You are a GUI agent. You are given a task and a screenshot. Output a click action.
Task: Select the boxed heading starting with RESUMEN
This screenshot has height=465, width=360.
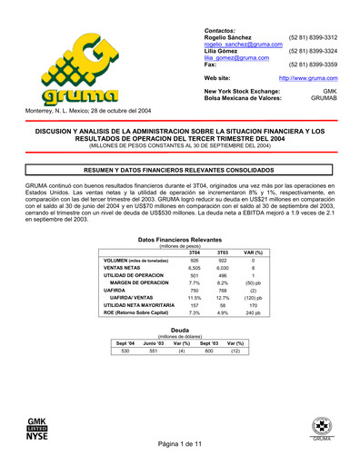(180, 169)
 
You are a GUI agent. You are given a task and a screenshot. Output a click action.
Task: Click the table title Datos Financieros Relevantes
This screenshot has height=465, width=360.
(179, 239)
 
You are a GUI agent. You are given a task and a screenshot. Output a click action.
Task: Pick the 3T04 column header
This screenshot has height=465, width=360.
(194, 252)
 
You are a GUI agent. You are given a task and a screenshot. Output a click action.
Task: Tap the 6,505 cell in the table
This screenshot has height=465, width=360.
(194, 268)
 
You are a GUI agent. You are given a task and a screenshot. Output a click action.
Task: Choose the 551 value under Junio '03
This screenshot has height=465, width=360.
(153, 351)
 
